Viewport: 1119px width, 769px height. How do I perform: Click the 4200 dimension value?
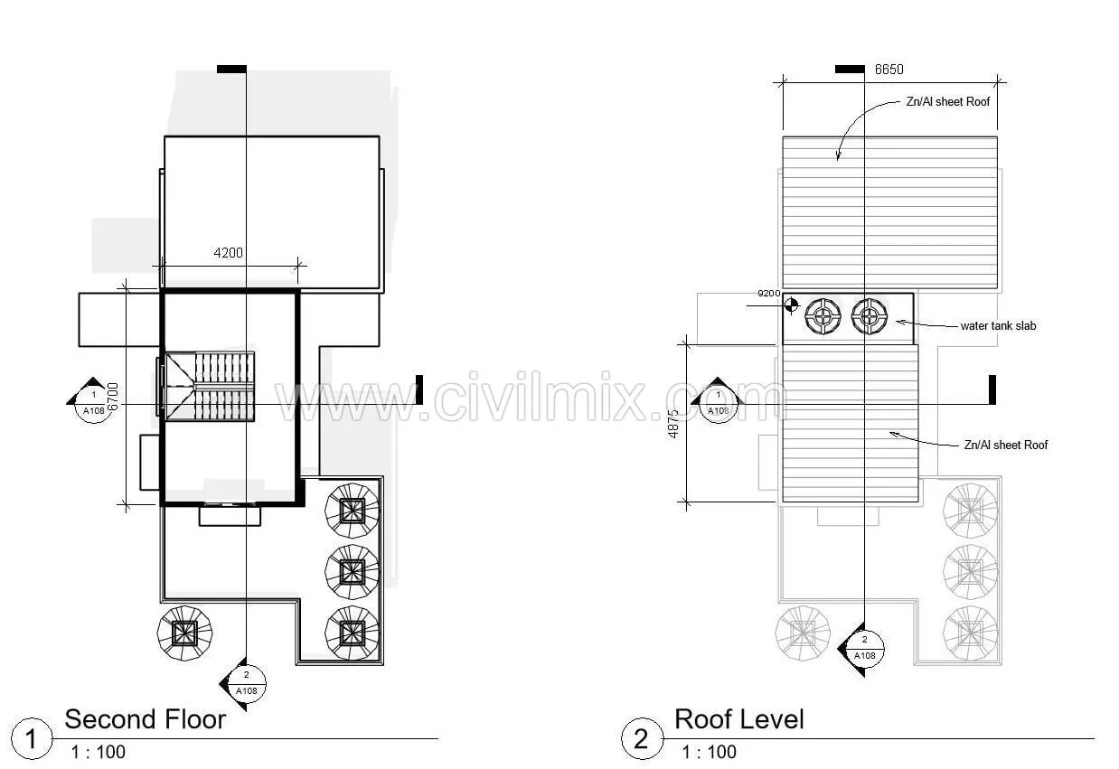[229, 253]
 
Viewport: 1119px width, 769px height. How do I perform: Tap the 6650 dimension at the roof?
[889, 70]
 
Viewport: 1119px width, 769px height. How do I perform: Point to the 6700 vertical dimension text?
[113, 397]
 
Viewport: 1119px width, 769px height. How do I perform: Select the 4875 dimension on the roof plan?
[673, 424]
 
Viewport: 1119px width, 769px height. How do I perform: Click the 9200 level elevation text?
[769, 293]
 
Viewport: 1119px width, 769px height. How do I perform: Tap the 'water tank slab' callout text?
[998, 326]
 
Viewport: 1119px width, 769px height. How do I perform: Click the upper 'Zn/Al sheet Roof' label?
[948, 102]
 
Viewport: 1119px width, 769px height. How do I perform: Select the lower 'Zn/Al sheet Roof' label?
[1006, 445]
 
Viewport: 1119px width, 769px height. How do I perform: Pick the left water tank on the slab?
[823, 315]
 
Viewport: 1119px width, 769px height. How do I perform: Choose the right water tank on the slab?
[870, 315]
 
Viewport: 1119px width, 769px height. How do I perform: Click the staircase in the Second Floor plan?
[210, 387]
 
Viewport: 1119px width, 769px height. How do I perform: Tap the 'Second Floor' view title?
[146, 719]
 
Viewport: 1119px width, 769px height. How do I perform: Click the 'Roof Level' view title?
[739, 719]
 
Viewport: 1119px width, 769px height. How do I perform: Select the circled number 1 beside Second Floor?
[32, 739]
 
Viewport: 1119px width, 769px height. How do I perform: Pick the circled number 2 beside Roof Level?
[642, 739]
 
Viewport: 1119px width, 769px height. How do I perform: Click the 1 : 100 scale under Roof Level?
[710, 752]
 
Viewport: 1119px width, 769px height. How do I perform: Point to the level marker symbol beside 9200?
[791, 305]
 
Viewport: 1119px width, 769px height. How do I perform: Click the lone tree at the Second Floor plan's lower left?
[184, 633]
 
